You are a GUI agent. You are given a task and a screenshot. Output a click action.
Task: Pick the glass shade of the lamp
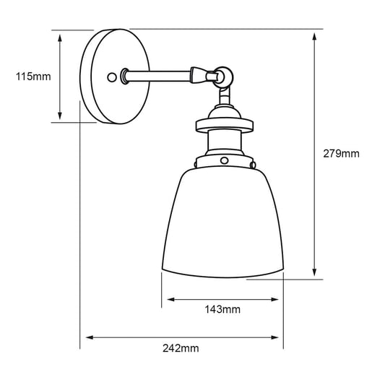click(224, 224)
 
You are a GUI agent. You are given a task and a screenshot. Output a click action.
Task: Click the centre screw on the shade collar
click(224, 159)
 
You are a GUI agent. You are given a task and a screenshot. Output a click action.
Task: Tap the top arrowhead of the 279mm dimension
click(315, 35)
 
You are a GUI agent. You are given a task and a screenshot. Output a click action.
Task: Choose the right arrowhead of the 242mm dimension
click(279, 337)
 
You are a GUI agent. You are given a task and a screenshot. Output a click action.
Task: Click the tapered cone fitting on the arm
click(199, 73)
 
